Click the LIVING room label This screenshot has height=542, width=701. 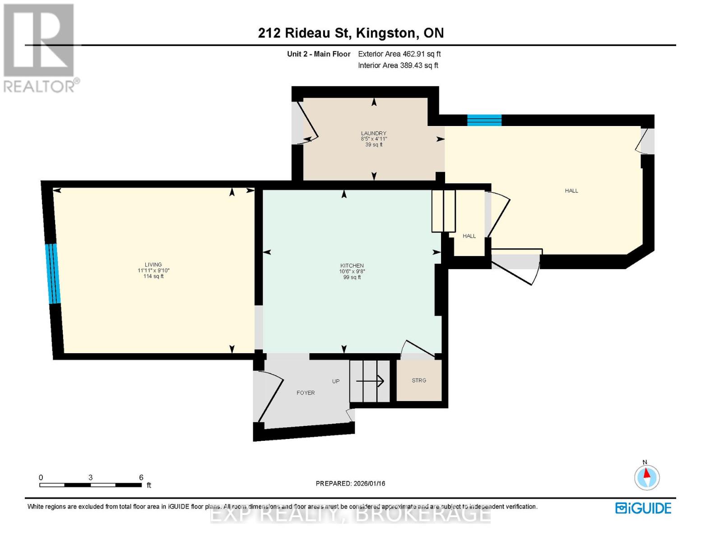pos(153,265)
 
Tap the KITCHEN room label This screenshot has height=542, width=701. pos(352,266)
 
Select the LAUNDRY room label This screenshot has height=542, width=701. pos(373,133)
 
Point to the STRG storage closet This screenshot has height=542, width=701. pos(419,380)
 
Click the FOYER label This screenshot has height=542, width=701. pos(306,393)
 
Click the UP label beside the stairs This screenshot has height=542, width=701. pos(336,381)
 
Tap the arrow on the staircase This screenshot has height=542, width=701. pos(370,381)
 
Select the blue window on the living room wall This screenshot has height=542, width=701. pos(53,274)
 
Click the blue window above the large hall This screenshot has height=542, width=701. pos(484,120)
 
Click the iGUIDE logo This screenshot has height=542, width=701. pos(643,508)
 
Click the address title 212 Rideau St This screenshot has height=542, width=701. pos(350,33)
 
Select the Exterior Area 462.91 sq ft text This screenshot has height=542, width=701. pos(399,54)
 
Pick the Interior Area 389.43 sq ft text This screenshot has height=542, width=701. pos(398,65)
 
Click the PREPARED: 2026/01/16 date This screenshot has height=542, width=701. pos(350,483)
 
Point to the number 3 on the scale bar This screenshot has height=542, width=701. pos(91,477)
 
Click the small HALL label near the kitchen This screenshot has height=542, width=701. pos(469,236)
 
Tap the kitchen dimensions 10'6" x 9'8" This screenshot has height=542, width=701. pos(352,271)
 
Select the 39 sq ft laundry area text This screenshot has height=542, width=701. pos(374,145)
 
